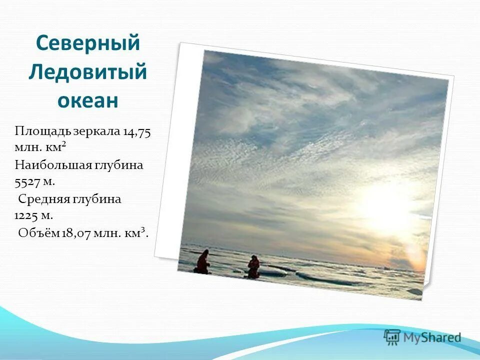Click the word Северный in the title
[87, 43]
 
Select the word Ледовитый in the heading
[87, 72]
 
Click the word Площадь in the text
[44, 132]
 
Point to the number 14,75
[137, 132]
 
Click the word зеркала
[97, 132]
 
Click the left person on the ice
[202, 262]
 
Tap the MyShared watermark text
[433, 337]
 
